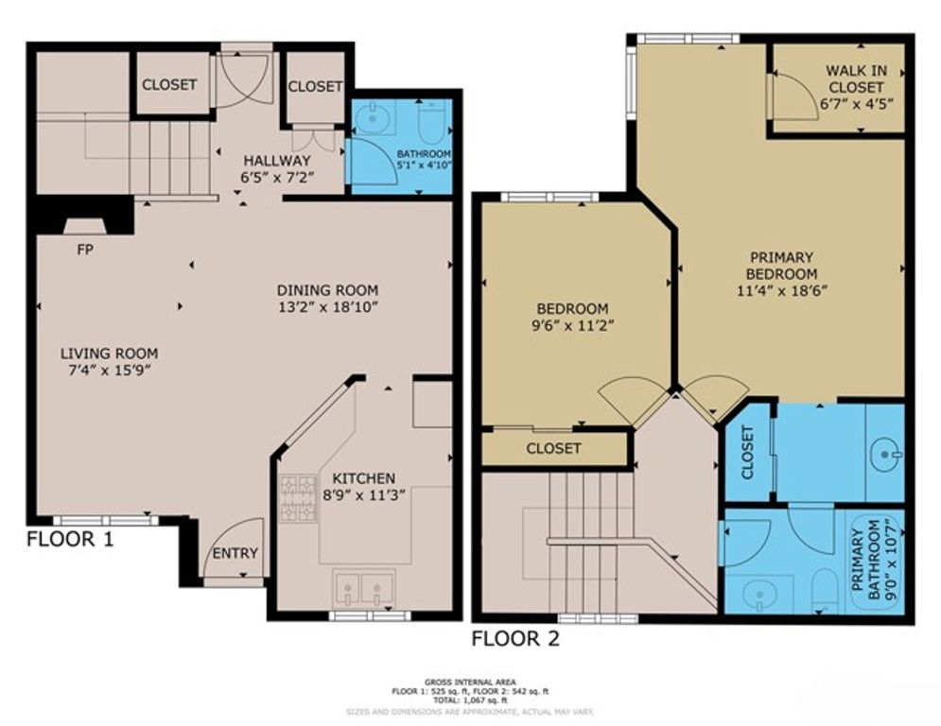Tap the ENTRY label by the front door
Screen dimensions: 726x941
coord(234,554)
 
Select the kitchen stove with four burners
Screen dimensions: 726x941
coord(297,498)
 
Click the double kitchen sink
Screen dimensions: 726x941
coord(363,590)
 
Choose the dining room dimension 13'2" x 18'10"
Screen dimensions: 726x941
coord(327,307)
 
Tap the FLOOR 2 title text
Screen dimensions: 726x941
coord(515,639)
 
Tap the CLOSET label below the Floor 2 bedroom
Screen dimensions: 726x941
coord(553,448)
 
